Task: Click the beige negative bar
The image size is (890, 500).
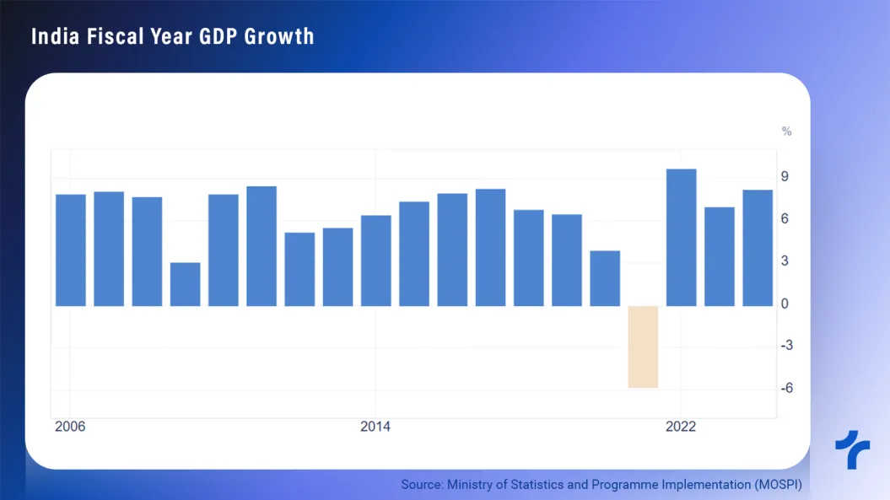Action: click(643, 347)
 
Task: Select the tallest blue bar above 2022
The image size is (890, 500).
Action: click(681, 237)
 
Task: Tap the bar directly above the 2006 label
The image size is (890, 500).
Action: click(71, 250)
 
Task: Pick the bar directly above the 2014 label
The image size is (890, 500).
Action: click(376, 260)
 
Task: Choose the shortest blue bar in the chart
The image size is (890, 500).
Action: click(186, 284)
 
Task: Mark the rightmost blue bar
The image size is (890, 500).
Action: click(758, 247)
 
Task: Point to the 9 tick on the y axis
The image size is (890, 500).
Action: click(785, 176)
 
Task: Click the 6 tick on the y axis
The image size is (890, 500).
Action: click(785, 218)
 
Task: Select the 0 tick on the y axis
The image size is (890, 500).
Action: click(785, 304)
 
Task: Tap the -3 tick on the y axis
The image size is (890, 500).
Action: click(785, 346)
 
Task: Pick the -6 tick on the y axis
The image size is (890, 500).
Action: click(785, 388)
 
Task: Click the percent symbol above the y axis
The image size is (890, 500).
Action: click(786, 132)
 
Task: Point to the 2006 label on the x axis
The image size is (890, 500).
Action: click(70, 427)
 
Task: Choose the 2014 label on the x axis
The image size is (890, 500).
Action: click(375, 427)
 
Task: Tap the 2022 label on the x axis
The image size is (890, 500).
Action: click(680, 427)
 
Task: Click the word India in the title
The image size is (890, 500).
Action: click(53, 36)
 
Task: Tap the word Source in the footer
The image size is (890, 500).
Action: click(421, 485)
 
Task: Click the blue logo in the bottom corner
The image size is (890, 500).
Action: click(852, 449)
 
